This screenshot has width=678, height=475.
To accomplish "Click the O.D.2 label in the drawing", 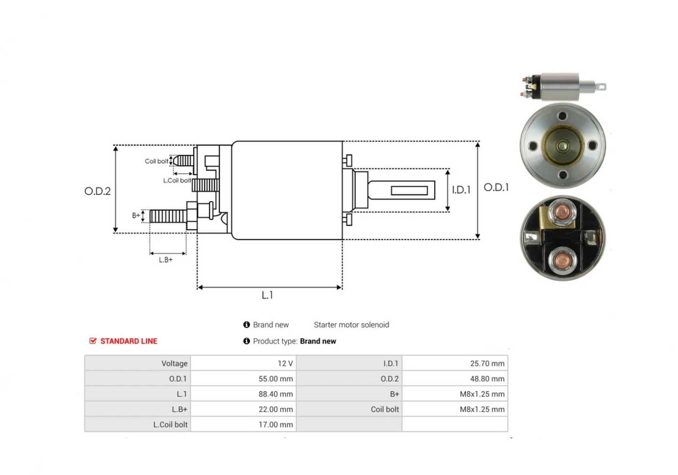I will click(x=98, y=191).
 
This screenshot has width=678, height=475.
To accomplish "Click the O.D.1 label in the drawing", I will click(x=496, y=187).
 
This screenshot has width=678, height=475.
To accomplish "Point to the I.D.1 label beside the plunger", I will click(x=461, y=190).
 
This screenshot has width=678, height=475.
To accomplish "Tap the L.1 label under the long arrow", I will click(x=267, y=295).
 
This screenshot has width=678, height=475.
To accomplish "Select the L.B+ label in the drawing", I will click(x=166, y=260).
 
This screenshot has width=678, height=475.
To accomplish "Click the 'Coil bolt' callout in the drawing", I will click(x=156, y=161).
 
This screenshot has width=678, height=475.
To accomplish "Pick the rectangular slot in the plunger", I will click(x=409, y=191).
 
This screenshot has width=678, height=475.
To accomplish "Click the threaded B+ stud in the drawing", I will click(x=168, y=216).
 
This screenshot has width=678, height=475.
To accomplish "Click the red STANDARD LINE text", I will click(x=129, y=341).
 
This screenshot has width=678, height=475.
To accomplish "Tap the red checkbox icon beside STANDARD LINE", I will click(x=93, y=341).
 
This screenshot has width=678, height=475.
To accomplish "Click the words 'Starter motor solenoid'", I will click(x=351, y=325).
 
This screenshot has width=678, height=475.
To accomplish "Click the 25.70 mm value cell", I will click(x=455, y=363).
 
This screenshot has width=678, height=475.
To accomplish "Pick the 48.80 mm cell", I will click(x=455, y=379).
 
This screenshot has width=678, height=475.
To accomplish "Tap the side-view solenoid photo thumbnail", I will click(x=563, y=87).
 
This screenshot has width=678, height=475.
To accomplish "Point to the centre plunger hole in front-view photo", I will click(x=563, y=146).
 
